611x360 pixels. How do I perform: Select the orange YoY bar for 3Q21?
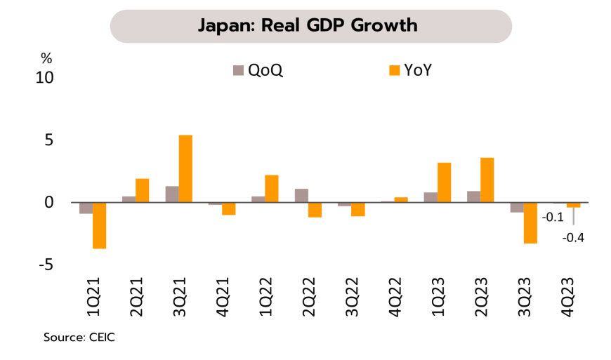pyautogui.click(x=185, y=168)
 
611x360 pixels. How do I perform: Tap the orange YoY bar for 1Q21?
pyautogui.click(x=100, y=225)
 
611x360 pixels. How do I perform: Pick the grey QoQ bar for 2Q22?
pyautogui.click(x=301, y=195)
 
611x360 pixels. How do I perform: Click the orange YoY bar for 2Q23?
pyautogui.click(x=487, y=180)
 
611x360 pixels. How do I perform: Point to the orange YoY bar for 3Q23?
pyautogui.click(x=530, y=222)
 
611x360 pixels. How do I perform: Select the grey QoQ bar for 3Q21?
pyautogui.click(x=171, y=194)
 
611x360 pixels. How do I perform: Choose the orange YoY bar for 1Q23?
pyautogui.click(x=444, y=182)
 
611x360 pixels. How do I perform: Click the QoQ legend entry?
pyautogui.click(x=258, y=70)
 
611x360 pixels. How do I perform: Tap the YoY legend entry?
pyautogui.click(x=414, y=70)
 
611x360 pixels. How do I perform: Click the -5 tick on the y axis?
pyautogui.click(x=45, y=265)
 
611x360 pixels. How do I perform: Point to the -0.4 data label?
pyautogui.click(x=574, y=237)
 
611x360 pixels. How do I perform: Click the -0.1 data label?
pyautogui.click(x=553, y=218)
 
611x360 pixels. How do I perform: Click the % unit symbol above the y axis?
pyautogui.click(x=46, y=58)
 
